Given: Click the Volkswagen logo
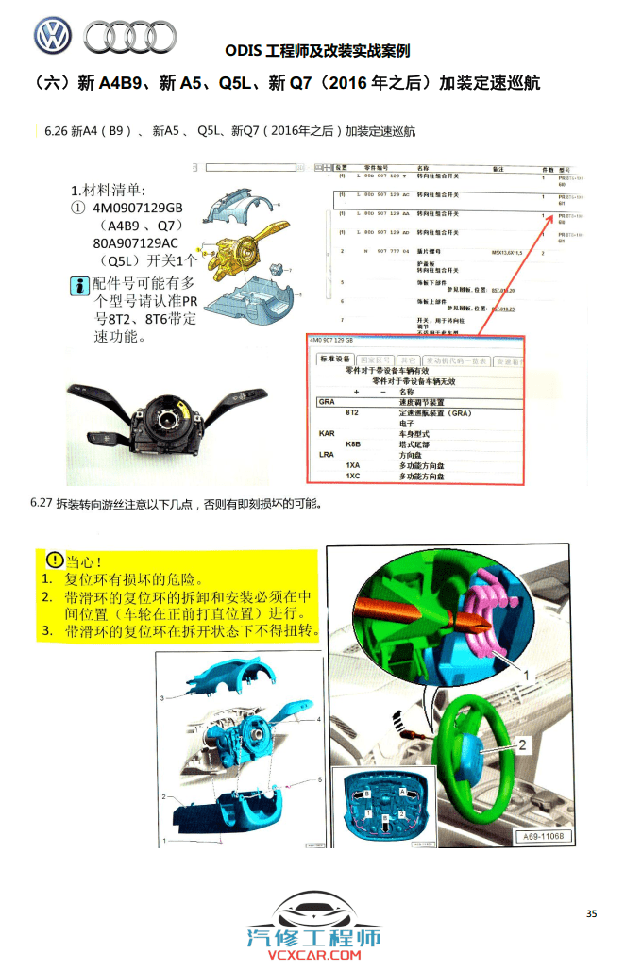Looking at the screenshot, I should pos(53,36).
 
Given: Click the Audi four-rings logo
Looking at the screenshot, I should pos(129,37).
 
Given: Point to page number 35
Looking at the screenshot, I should pos(591,913).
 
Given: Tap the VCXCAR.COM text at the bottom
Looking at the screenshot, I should pos(312,956).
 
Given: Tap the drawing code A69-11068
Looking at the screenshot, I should pos(542,836).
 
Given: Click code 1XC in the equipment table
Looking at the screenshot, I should pos(352,476).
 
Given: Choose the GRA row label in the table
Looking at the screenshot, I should pos(328,402).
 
